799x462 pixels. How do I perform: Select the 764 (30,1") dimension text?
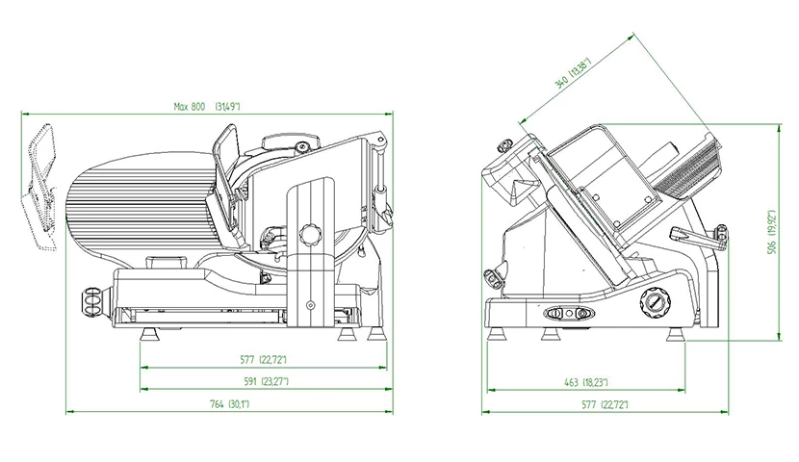(x=229, y=404)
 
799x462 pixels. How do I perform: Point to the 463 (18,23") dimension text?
(x=585, y=382)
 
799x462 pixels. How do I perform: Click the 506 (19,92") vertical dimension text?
(x=773, y=232)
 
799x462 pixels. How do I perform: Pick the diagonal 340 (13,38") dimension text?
(x=574, y=75)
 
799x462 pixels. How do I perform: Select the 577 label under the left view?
(x=263, y=360)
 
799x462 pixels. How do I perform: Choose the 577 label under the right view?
(x=605, y=405)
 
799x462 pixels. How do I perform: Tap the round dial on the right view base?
(x=655, y=301)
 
